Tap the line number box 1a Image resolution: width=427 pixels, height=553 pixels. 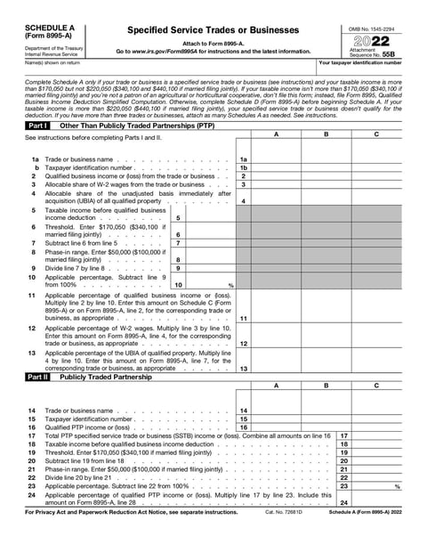pos(244,159)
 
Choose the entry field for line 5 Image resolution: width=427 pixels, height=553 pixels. pos(212,217)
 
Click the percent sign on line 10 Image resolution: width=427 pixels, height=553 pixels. pos(230,285)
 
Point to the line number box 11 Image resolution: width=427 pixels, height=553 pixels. pos(244,318)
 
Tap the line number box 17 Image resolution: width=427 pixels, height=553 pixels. pos(343,435)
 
